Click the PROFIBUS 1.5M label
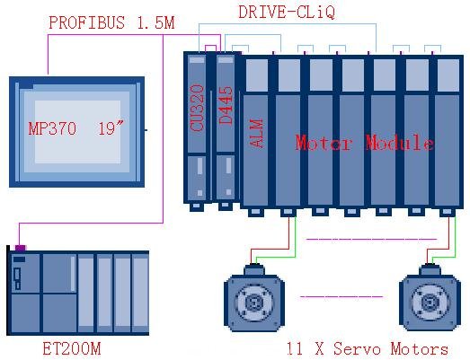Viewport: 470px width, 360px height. coord(111,22)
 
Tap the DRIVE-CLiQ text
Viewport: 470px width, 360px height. coord(287,13)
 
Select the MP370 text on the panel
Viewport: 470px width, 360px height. coord(52,128)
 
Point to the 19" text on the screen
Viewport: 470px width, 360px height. coord(111,127)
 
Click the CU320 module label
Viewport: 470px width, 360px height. coord(197,108)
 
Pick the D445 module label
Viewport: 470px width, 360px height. coord(226,105)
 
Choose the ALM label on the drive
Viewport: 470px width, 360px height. coord(256,133)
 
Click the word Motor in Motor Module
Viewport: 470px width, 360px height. coord(324,143)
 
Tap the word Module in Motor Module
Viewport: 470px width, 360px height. coord(400,142)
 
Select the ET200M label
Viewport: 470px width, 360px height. coord(72,349)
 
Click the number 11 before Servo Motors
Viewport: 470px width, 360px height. coord(296,349)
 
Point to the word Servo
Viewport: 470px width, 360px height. coord(357,349)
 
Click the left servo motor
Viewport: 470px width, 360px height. coord(254,298)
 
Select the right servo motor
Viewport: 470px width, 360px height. coord(430,297)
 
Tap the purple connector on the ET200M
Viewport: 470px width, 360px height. coord(21,248)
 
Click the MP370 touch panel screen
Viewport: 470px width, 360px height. coord(76,132)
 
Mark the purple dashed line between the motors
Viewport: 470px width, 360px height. coord(341,297)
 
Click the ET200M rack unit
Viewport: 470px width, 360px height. coord(77,293)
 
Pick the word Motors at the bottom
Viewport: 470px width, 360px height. coord(419,349)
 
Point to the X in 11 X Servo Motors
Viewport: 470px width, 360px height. coord(319,349)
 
